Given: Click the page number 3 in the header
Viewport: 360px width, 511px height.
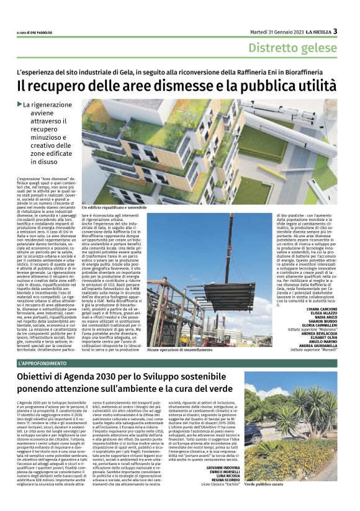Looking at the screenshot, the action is pos(335,31).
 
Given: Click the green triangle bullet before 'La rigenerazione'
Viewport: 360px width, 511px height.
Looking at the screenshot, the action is pos(19,104).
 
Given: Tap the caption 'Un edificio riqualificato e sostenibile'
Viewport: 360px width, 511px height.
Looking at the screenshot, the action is pos(114,207).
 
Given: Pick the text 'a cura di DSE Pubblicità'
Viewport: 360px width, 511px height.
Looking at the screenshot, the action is pos(35,32).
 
